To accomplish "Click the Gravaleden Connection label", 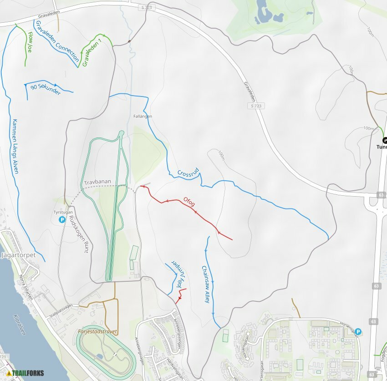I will coord(57,41).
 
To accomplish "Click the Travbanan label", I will coord(97,182).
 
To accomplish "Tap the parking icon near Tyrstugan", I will coord(62,220).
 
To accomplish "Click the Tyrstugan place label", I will coord(62,212).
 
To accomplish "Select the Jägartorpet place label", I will coord(19,255).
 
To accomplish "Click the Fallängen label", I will coord(143,117).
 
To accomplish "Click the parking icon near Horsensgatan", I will coord(358,332).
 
